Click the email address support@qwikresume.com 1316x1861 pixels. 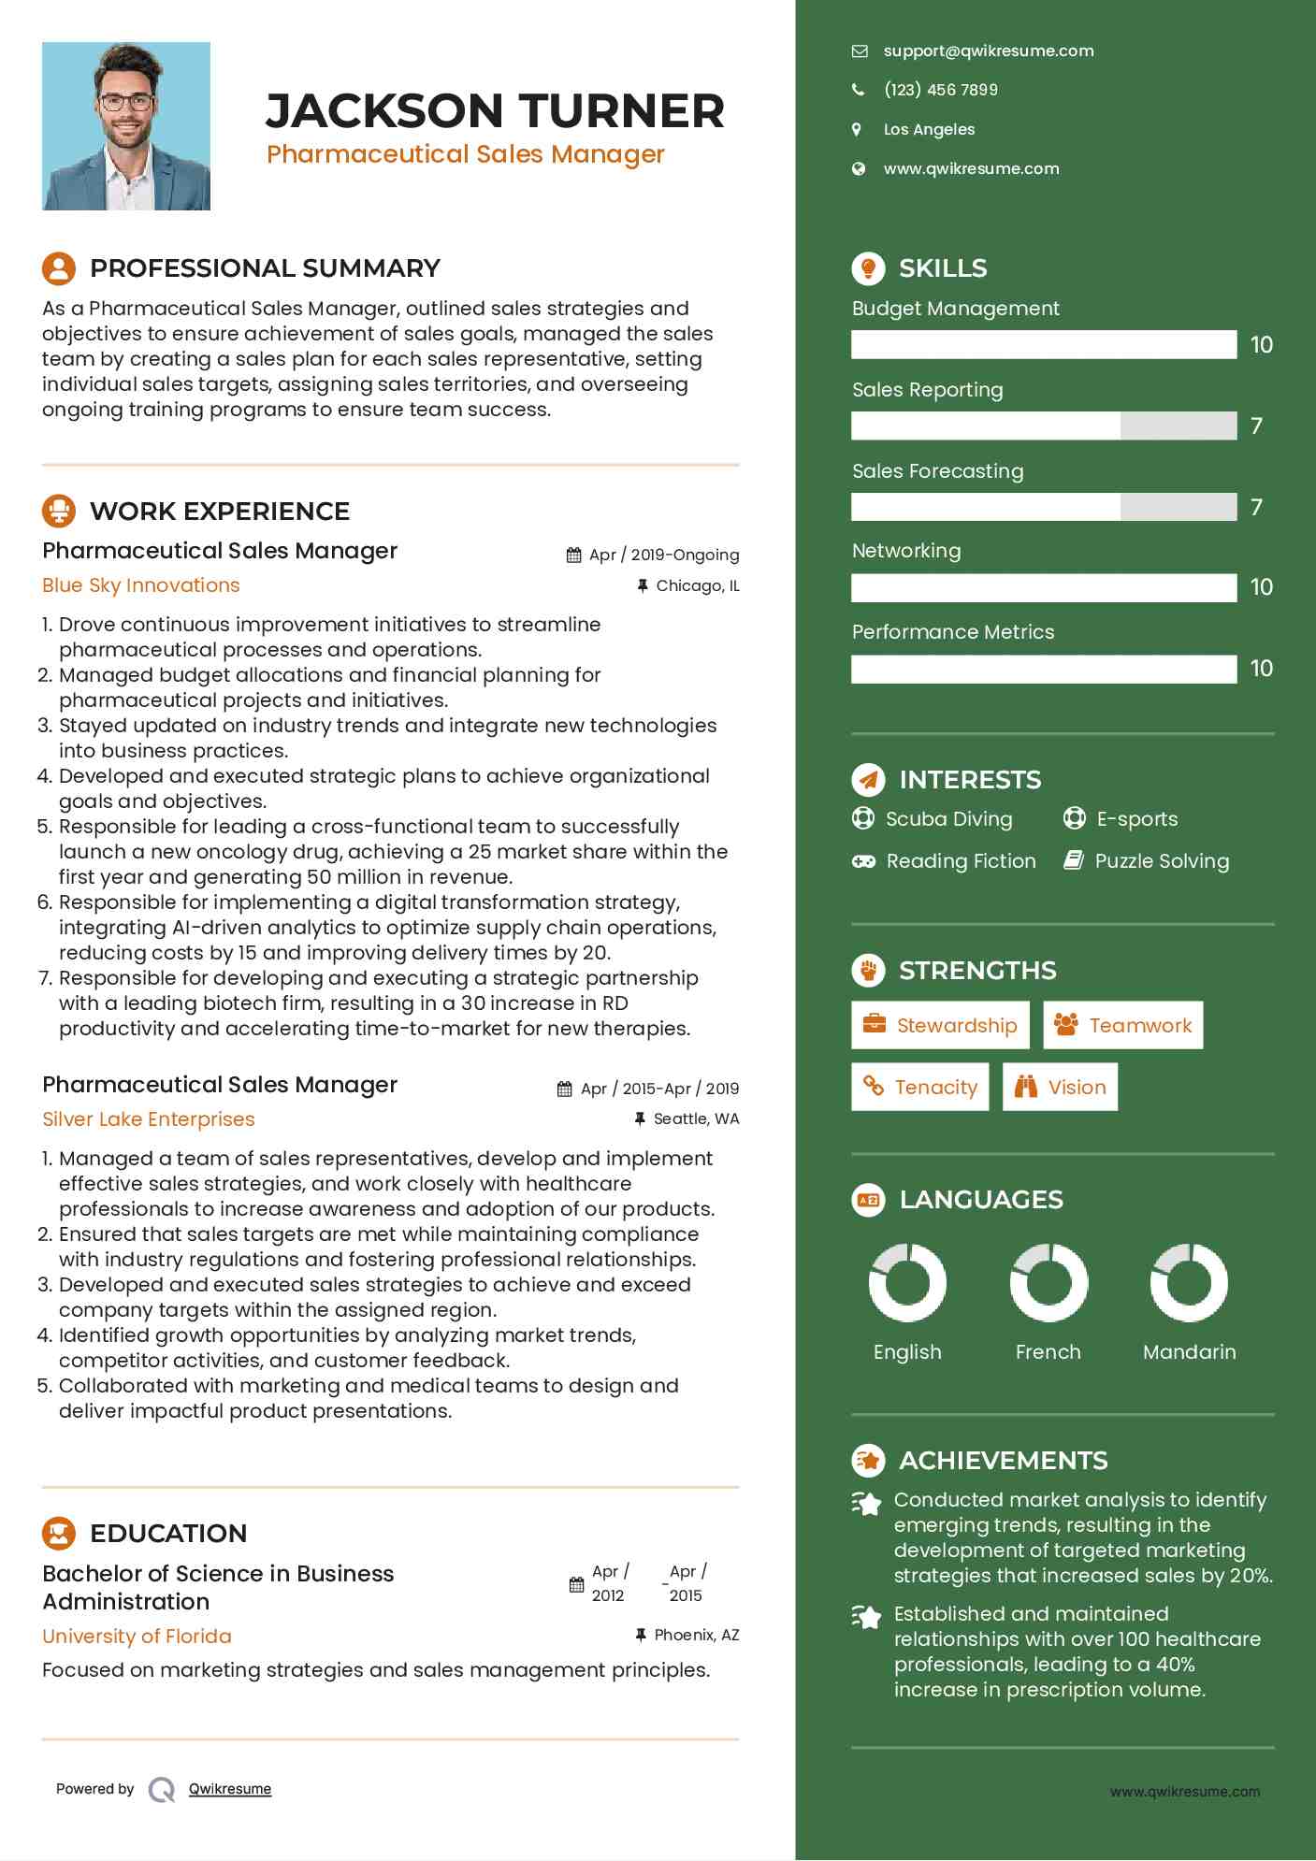tap(988, 51)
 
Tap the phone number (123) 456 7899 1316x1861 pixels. tap(940, 90)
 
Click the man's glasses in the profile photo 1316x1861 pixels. tap(126, 102)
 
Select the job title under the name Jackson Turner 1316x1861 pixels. tap(465, 154)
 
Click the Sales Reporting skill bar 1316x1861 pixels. tap(1044, 426)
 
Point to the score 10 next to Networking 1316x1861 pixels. tap(1261, 587)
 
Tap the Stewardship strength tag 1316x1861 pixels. tap(940, 1025)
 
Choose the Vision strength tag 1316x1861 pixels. tap(1060, 1087)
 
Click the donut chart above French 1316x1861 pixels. tap(1048, 1282)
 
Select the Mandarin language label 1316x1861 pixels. tap(1189, 1351)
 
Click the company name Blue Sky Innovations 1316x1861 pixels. tap(141, 585)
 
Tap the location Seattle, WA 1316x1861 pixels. tap(695, 1118)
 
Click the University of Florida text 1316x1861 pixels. tap(137, 1636)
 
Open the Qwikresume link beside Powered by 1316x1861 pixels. tap(230, 1789)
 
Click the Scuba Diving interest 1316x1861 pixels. tap(948, 819)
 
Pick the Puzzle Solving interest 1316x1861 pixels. tap(1161, 861)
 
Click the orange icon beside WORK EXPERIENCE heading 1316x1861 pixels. tap(59, 511)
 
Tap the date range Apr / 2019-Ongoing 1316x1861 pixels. tap(663, 555)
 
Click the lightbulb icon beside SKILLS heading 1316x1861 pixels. tap(868, 268)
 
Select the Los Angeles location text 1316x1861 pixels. tap(929, 130)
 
